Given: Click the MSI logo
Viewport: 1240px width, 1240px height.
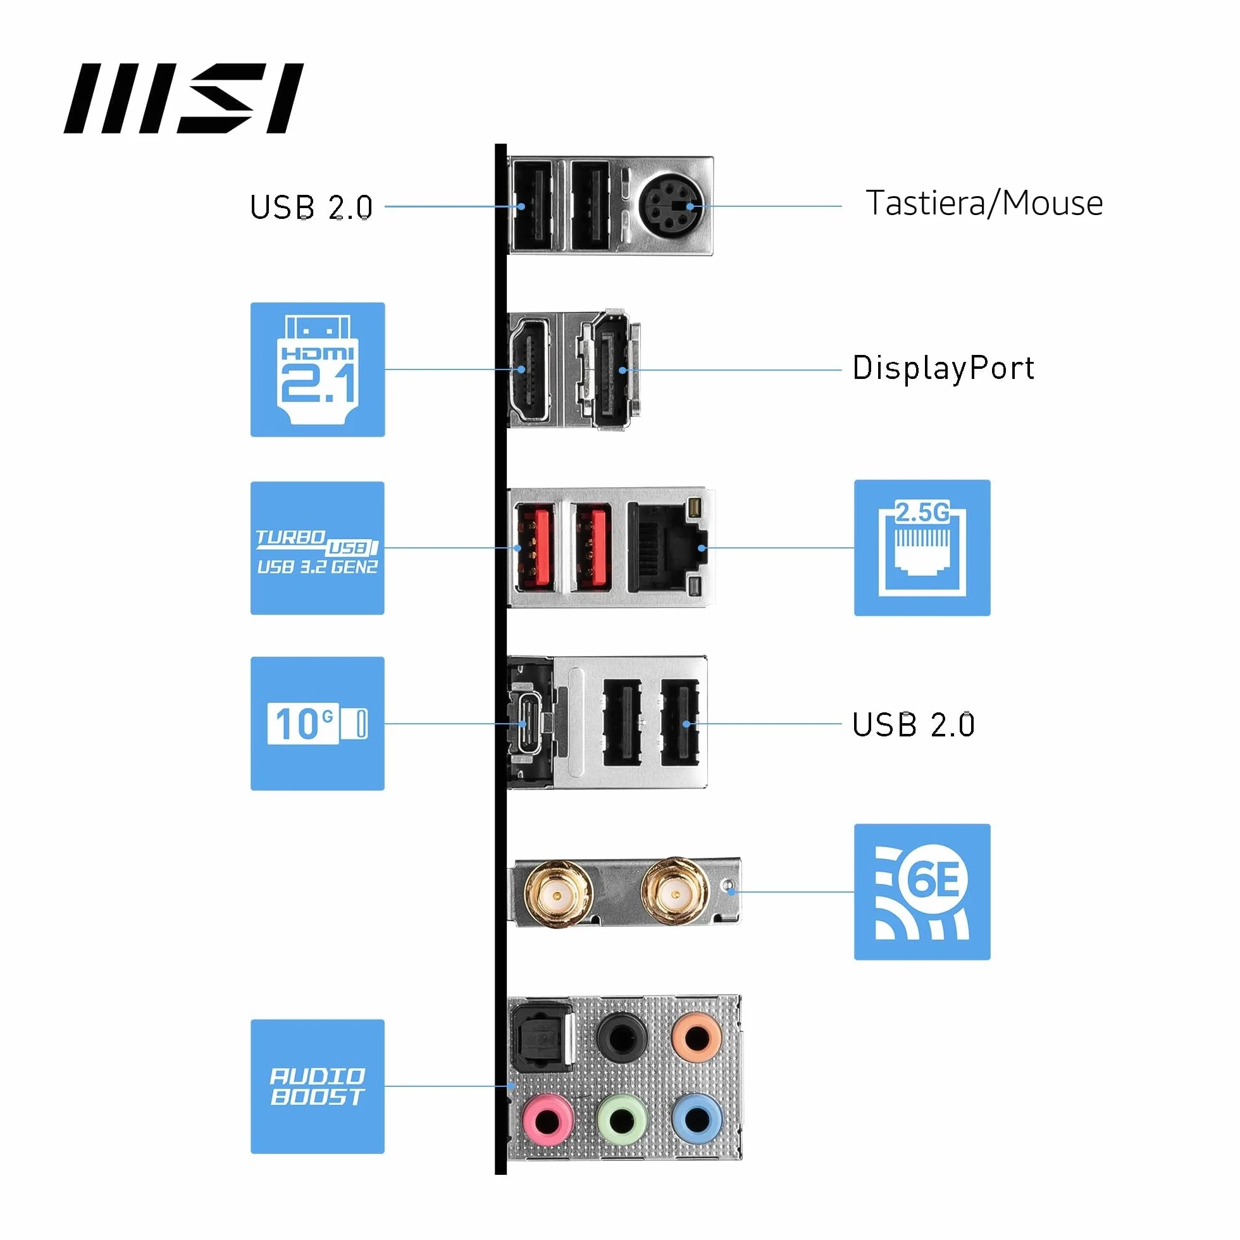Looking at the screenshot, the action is tap(183, 98).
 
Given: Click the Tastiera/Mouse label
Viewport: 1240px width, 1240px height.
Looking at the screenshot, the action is tap(984, 204).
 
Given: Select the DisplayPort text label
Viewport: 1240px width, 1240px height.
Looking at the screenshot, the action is tap(943, 368).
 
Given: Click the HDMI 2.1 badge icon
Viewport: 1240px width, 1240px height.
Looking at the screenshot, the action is tap(318, 369).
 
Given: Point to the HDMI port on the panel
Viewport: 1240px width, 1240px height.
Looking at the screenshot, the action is tap(530, 369).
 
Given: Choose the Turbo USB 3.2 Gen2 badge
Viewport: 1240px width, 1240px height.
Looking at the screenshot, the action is tap(318, 548).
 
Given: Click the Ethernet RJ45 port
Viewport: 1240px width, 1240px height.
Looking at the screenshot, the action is tap(667, 547).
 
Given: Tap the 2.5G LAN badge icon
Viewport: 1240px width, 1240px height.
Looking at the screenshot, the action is tap(922, 547).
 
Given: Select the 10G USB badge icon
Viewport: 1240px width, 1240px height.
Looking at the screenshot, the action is tap(318, 723).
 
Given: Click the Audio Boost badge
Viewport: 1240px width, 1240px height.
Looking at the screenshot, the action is tap(318, 1087).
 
